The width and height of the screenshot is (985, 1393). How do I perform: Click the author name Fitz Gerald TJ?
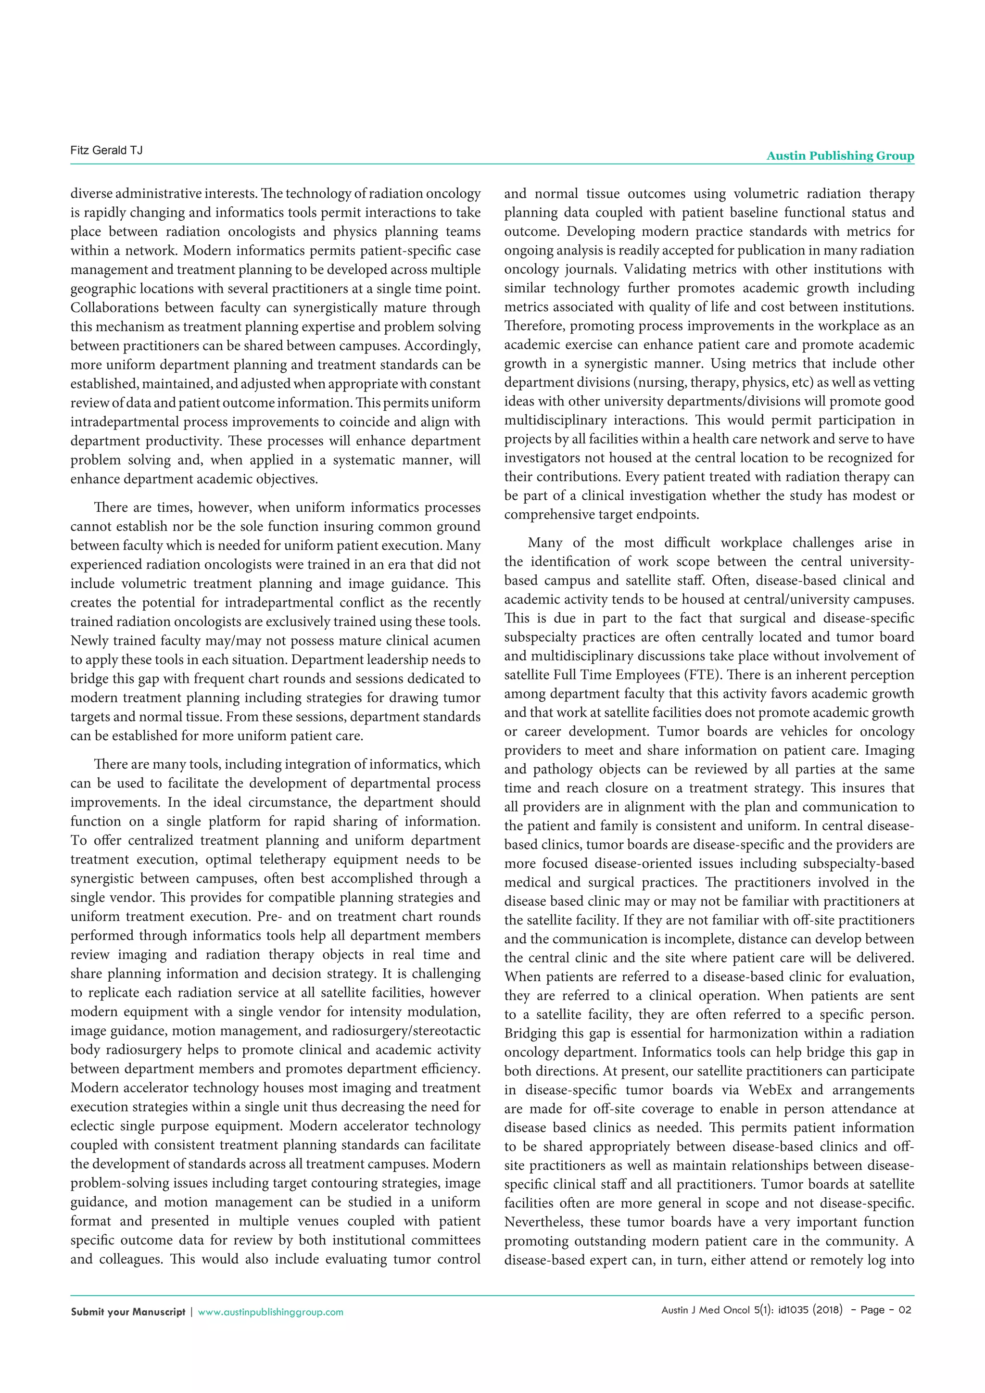coord(106,151)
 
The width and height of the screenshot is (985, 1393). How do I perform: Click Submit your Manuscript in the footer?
coord(127,1312)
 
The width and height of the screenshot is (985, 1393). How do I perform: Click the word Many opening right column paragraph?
coord(543,543)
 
